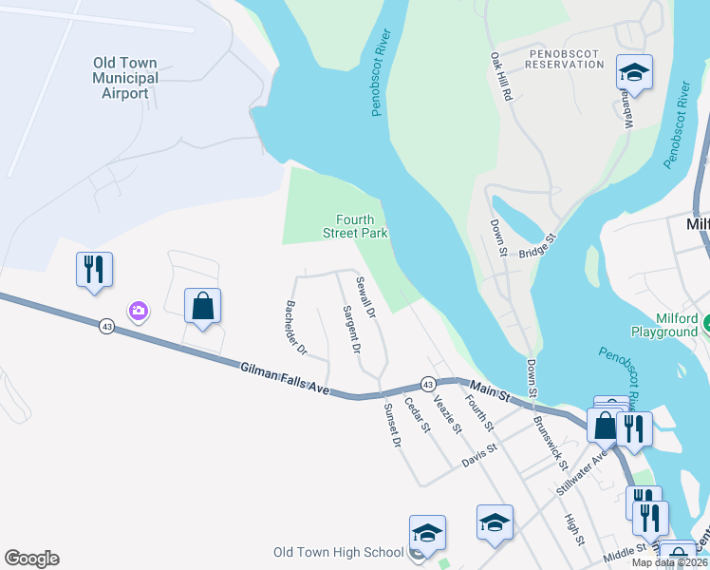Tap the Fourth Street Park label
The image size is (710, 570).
click(362, 226)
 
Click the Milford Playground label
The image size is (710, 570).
click(663, 326)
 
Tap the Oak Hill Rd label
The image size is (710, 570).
click(501, 77)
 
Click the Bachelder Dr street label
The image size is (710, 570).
click(295, 328)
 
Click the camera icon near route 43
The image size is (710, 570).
click(139, 311)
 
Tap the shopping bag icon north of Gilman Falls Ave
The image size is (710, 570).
click(202, 306)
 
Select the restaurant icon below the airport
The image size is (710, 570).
click(95, 270)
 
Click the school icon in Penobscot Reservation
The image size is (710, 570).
click(634, 72)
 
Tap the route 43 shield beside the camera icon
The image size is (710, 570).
click(105, 326)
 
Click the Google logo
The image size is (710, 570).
click(31, 559)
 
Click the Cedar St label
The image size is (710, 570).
click(418, 415)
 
